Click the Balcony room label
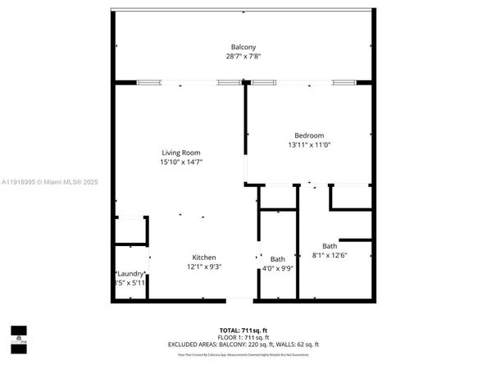click(x=243, y=47)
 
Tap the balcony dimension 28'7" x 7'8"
click(x=243, y=57)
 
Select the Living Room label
click(x=180, y=153)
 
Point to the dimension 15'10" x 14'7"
click(x=180, y=162)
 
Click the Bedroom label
click(x=309, y=135)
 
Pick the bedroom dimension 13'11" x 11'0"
click(x=309, y=145)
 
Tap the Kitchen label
click(x=204, y=257)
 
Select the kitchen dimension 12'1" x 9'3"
click(x=204, y=267)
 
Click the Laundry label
click(x=130, y=273)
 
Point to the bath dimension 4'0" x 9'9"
click(x=278, y=268)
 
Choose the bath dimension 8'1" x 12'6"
click(x=330, y=255)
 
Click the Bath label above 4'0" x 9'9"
click(x=278, y=259)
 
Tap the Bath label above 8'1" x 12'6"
click(x=330, y=245)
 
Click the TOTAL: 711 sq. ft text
click(x=243, y=330)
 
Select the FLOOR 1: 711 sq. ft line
click(x=243, y=337)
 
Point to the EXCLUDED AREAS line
click(x=243, y=344)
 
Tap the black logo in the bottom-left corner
click(x=18, y=334)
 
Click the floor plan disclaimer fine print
click(x=243, y=354)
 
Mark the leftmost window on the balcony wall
click(x=148, y=82)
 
